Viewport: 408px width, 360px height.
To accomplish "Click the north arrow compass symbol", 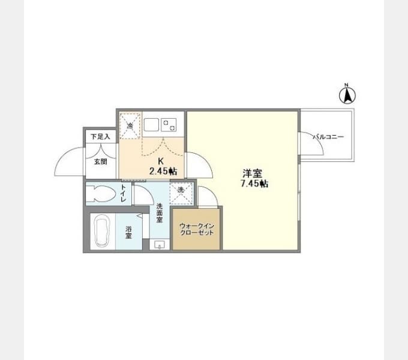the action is pyautogui.click(x=347, y=94).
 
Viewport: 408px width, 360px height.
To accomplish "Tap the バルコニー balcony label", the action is pyautogui.click(x=328, y=137).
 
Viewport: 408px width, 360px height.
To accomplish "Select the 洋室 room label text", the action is pyautogui.click(x=252, y=173).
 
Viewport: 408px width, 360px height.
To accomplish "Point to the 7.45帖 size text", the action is pyautogui.click(x=254, y=184).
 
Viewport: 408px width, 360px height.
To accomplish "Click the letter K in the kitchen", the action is pyautogui.click(x=161, y=161).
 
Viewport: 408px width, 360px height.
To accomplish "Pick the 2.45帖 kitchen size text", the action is pyautogui.click(x=163, y=171).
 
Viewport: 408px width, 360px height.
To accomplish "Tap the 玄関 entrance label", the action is pyautogui.click(x=100, y=161).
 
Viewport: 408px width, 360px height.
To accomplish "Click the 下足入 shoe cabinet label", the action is pyautogui.click(x=100, y=137).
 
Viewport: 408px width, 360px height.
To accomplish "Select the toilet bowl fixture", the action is pyautogui.click(x=101, y=194).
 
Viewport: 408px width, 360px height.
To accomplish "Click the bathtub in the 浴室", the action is pyautogui.click(x=102, y=232).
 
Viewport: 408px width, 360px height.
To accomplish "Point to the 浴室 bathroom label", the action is pyautogui.click(x=128, y=232).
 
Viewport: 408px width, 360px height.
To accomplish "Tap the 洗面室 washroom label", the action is pyautogui.click(x=159, y=213).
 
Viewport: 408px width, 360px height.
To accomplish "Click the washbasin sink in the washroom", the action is pyautogui.click(x=159, y=245).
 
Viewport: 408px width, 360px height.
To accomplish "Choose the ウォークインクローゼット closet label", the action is pyautogui.click(x=197, y=229).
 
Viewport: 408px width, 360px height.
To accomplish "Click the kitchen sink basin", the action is pyautogui.click(x=151, y=125).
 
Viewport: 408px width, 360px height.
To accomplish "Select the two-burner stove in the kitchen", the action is pyautogui.click(x=169, y=125).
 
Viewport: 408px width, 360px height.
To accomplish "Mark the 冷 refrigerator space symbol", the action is pyautogui.click(x=130, y=125).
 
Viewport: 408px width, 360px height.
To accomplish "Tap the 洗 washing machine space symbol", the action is pyautogui.click(x=181, y=194).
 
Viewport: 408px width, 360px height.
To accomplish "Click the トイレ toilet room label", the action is pyautogui.click(x=123, y=193).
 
